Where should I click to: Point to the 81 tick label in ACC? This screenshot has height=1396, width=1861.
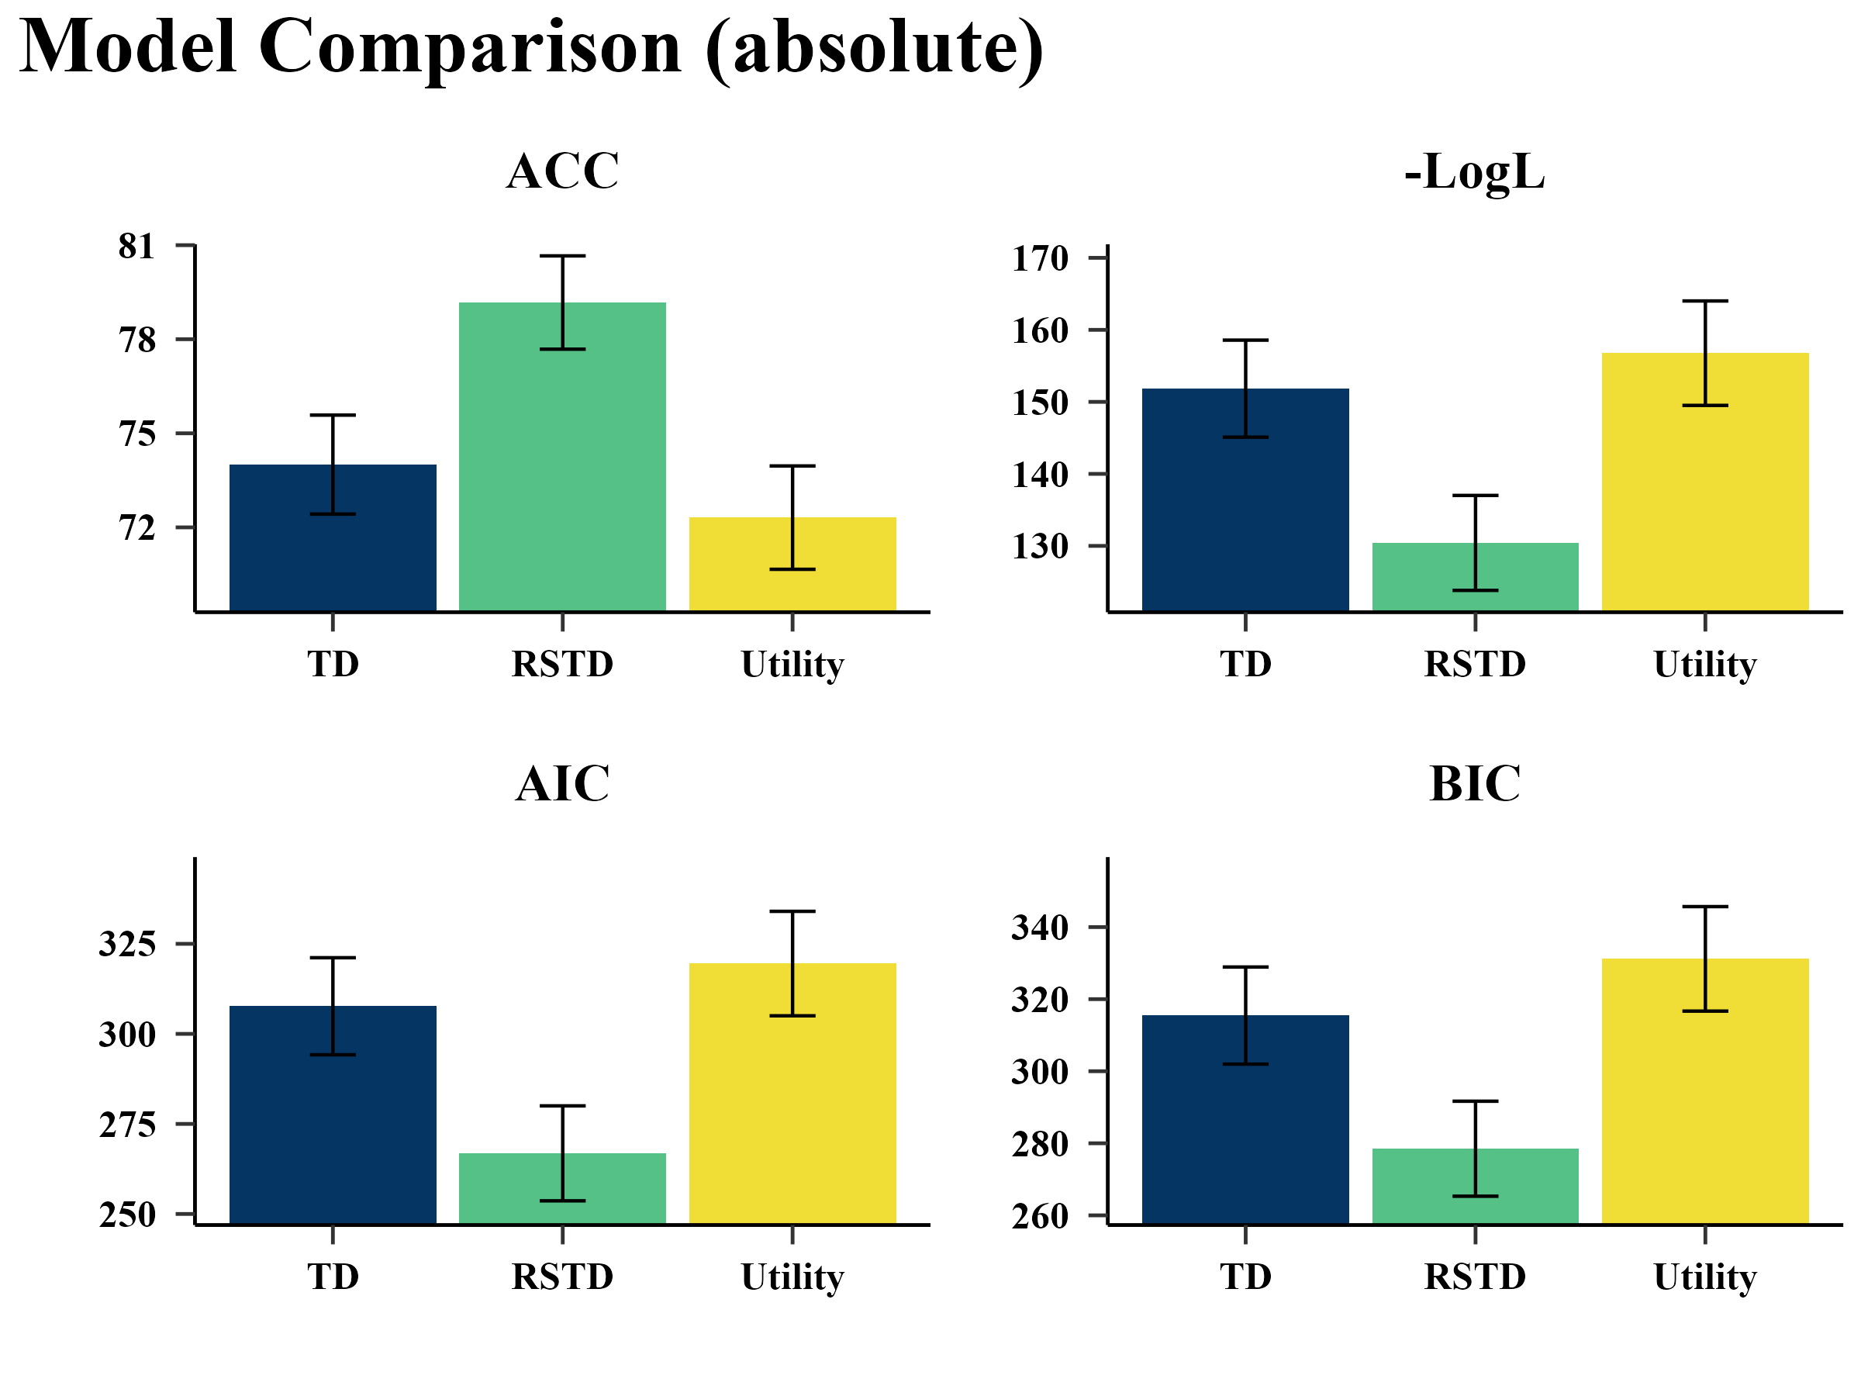[137, 247]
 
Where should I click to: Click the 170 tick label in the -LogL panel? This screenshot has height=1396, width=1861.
[1040, 258]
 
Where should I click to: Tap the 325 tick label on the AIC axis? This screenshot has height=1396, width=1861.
[128, 943]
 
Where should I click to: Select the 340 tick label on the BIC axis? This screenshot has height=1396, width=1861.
[1040, 928]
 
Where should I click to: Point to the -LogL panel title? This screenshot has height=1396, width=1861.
[1474, 172]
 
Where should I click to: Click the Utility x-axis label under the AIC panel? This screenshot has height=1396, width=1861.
[792, 1277]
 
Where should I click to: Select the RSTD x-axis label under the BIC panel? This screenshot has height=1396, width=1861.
[1474, 1277]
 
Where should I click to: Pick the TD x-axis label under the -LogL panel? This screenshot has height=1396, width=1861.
[1245, 664]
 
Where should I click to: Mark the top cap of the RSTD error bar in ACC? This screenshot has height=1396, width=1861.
[562, 256]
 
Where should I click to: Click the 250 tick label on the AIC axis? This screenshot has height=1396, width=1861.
[128, 1215]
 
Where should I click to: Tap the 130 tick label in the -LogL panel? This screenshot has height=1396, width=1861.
[1040, 546]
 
